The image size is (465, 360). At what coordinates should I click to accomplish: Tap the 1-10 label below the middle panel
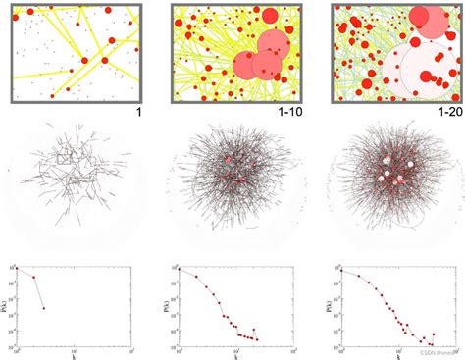[x=292, y=112]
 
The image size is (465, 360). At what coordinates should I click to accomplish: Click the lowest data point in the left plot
[x=42, y=308]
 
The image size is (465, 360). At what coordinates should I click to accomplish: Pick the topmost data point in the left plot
[x=16, y=268]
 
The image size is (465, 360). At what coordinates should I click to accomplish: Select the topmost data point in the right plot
[x=342, y=271]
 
